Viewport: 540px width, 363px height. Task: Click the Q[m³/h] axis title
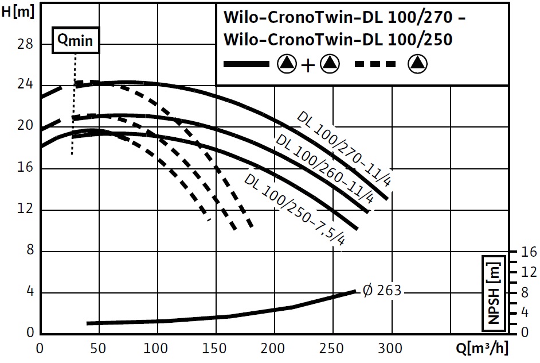(x=482, y=349)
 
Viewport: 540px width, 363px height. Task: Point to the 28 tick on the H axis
(x=26, y=44)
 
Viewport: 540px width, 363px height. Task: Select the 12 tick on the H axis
(x=26, y=210)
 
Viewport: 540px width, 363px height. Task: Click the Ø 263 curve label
(x=382, y=291)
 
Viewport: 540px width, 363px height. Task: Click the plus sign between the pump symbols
(x=308, y=65)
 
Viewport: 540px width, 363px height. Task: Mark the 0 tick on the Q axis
(x=40, y=349)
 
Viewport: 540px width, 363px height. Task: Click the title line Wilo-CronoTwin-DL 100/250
(x=338, y=40)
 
